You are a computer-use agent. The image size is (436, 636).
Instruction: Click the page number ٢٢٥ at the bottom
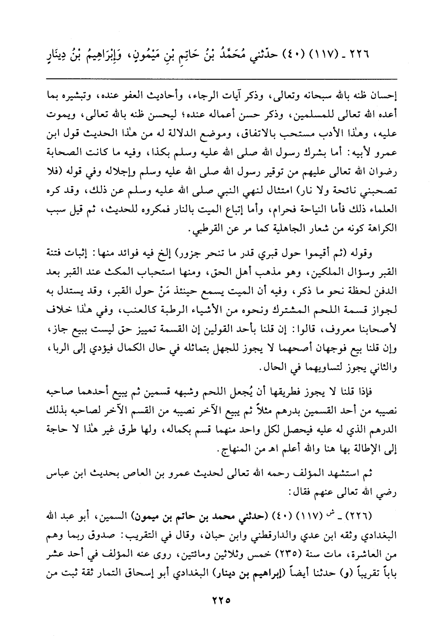coord(218,598)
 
